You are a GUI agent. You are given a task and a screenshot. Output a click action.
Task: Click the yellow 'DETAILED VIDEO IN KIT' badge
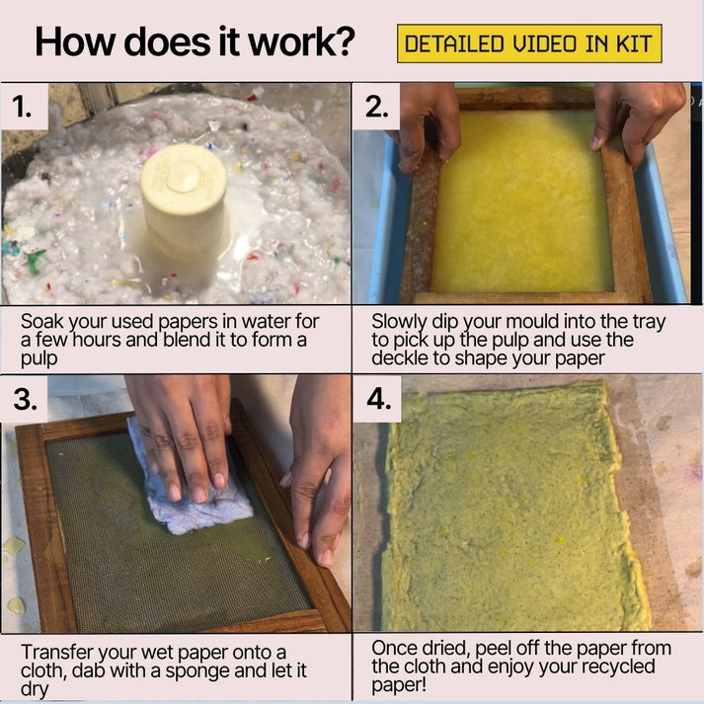pyautogui.click(x=529, y=44)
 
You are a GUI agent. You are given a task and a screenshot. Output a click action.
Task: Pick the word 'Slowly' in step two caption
pyautogui.click(x=398, y=322)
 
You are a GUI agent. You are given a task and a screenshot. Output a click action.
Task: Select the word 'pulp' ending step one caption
pyautogui.click(x=38, y=358)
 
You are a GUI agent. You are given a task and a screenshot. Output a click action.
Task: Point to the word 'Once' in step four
pyautogui.click(x=394, y=649)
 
